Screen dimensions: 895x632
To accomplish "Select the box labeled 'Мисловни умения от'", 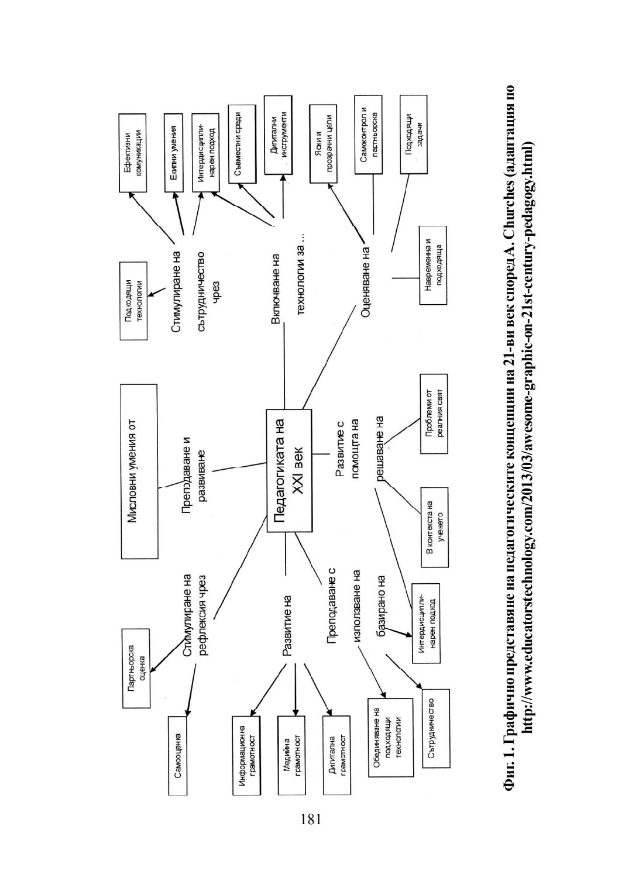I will coord(139,471).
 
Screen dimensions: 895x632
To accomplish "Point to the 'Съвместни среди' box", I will coord(242,144).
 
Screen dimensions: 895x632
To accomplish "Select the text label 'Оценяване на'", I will coord(366,281).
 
